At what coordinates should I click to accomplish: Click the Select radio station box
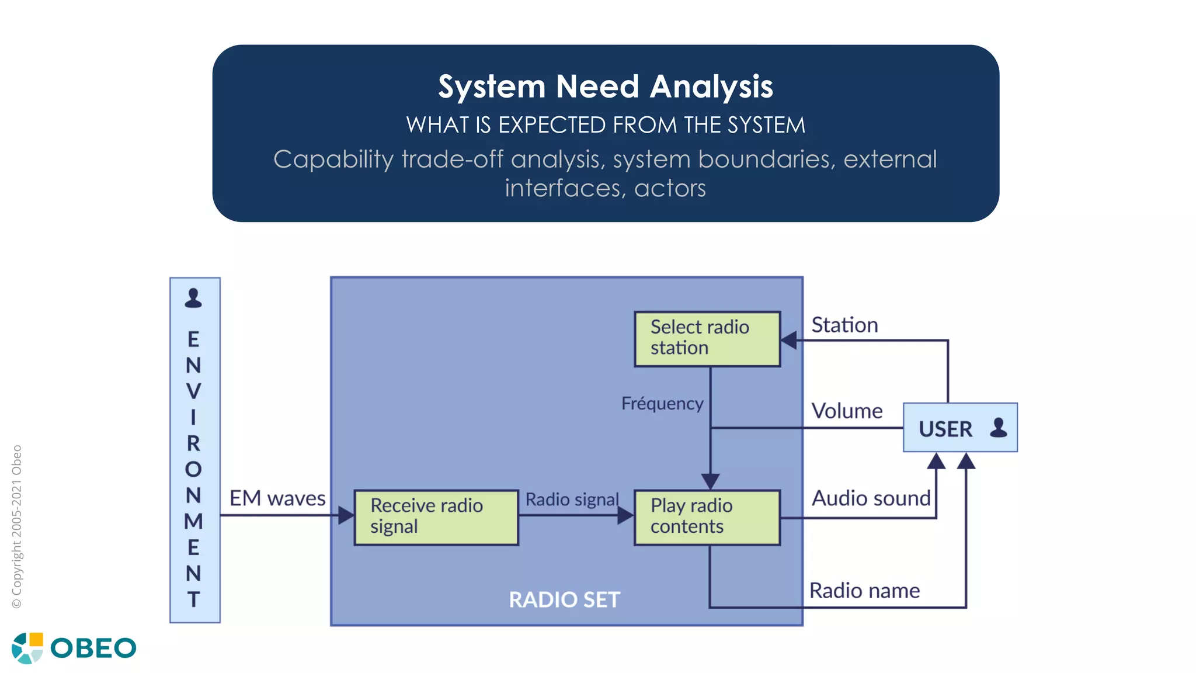tap(707, 339)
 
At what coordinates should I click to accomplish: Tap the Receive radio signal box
tap(436, 518)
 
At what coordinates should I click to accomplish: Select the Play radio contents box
tap(707, 518)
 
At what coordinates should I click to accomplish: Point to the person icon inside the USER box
tap(999, 428)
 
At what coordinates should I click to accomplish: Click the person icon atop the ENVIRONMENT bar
tap(193, 298)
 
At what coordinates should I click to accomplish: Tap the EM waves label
tap(277, 498)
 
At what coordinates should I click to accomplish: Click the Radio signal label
tap(572, 499)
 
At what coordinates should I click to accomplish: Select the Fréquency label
tap(662, 403)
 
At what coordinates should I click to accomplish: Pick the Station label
tap(844, 325)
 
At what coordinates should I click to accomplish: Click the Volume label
tap(847, 411)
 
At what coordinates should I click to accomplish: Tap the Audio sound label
tap(871, 498)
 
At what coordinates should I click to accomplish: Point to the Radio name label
tap(864, 591)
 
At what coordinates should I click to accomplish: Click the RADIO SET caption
tap(564, 600)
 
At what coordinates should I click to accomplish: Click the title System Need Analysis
tap(606, 86)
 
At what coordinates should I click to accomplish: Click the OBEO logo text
tap(93, 648)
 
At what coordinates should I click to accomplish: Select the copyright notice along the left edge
tap(17, 526)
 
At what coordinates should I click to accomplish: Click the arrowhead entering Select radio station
tap(788, 340)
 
